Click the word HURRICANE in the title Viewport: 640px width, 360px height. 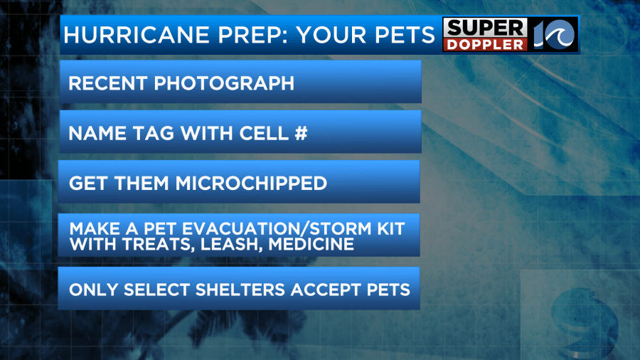137,35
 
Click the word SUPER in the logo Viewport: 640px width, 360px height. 485,28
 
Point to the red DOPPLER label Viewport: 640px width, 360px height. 485,45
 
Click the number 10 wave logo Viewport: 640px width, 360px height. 554,35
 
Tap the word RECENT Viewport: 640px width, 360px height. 108,83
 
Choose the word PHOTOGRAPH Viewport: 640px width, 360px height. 224,83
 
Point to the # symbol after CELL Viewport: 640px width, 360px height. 302,134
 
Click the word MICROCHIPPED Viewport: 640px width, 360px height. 252,184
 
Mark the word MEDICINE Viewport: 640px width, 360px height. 311,244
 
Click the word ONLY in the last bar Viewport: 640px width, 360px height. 93,290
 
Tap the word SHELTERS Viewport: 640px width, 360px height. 240,290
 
